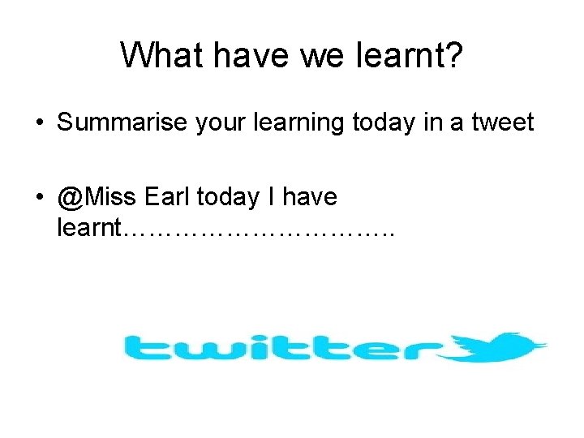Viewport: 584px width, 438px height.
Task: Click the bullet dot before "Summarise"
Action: pos(38,123)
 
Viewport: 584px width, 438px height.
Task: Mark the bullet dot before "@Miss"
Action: pos(38,197)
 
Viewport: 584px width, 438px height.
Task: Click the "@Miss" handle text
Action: pos(96,196)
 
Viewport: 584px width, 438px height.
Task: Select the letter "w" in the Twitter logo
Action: pos(199,350)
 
